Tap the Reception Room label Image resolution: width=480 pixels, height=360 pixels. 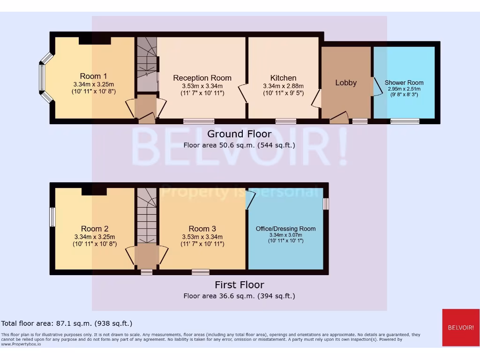pos(202,78)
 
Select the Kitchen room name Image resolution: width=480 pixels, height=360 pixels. pos(283,78)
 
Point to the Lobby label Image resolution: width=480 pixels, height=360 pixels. pos(346,82)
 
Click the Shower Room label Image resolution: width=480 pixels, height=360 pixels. pos(404,82)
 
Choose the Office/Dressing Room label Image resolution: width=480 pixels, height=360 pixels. pos(285,229)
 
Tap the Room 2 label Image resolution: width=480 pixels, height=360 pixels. pos(94,228)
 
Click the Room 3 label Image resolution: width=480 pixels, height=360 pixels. pos(202,228)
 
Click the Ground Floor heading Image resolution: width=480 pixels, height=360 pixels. pos(239,134)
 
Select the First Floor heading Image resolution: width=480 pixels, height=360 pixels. pos(239,285)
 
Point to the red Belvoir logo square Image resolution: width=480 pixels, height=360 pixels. pos(461,327)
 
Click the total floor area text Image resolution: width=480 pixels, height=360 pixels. pos(67,323)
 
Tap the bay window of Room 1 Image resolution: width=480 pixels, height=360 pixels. pos(42,78)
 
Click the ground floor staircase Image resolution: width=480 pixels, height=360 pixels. pos(147,63)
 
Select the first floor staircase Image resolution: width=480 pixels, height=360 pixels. pos(147,216)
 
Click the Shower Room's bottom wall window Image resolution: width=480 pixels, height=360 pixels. pos(405,121)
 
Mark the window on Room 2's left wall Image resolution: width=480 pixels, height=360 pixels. pos(52,217)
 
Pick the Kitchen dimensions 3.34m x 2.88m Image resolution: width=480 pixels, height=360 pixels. pos(283,86)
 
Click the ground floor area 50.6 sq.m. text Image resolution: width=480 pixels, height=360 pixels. pos(239,145)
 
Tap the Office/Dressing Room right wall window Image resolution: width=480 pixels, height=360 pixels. pos(326,203)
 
